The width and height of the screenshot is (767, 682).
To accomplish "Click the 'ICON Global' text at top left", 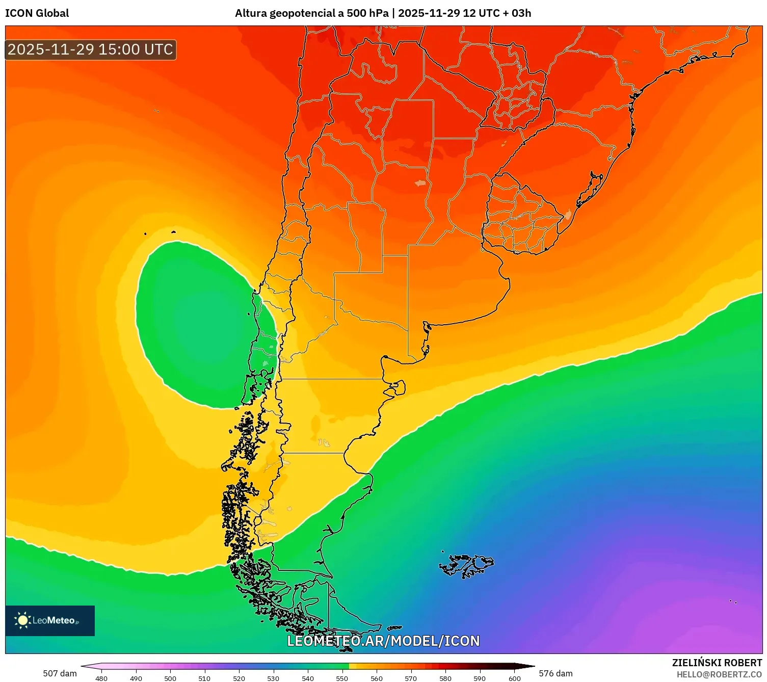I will (37, 13).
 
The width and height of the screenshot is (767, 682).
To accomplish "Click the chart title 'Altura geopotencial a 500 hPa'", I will (311, 13).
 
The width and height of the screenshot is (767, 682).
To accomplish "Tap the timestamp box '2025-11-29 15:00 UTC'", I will (91, 50).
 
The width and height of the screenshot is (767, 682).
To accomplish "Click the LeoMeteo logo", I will (50, 620).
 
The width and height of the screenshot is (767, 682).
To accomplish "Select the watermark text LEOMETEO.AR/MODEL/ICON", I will (383, 641).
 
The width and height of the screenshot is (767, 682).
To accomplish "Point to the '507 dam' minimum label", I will (60, 673).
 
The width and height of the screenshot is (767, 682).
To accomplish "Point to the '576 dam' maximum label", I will (556, 673).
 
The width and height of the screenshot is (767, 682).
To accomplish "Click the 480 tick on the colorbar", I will (101, 678).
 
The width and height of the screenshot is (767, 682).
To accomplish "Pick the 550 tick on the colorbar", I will (342, 678).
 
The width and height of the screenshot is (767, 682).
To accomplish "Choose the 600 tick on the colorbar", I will (515, 678).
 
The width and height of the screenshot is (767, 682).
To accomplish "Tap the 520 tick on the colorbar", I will (239, 678).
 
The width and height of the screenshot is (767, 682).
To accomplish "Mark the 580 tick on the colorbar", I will (445, 678).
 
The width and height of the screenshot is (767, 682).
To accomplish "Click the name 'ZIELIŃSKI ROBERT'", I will (717, 663).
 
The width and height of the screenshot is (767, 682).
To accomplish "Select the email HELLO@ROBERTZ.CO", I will (719, 674).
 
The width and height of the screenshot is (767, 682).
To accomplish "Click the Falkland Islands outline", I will (466, 565).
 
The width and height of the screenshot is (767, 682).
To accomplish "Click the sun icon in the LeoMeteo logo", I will (22, 620).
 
